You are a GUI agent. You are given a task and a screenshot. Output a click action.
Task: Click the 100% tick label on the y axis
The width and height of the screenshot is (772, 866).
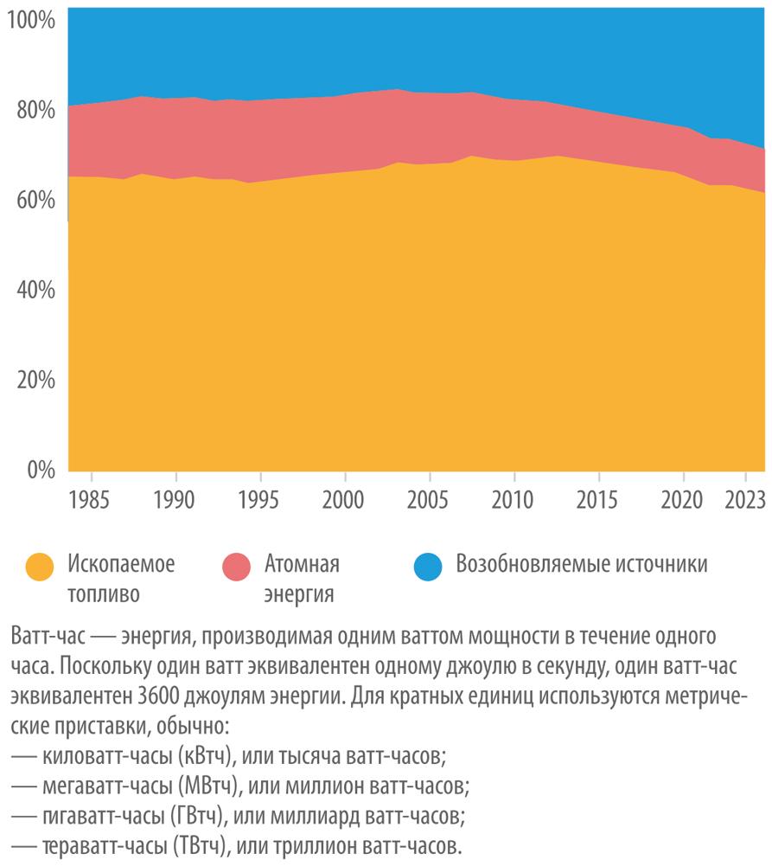click(30, 19)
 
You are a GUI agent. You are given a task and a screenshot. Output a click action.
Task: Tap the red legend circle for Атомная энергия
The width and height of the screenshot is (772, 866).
click(235, 568)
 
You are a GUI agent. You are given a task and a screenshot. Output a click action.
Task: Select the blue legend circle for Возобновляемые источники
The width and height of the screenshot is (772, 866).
click(430, 568)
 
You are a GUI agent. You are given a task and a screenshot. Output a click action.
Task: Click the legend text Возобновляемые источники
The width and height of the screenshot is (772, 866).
click(582, 565)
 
